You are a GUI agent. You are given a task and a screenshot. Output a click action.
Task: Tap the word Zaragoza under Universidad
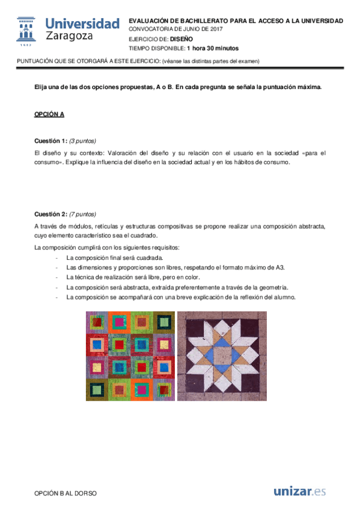(70, 37)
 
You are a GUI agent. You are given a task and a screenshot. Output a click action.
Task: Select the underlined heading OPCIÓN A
(49, 114)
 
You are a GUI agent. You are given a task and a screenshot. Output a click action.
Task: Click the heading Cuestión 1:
(51, 141)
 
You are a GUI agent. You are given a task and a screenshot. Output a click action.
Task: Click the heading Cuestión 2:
(51, 214)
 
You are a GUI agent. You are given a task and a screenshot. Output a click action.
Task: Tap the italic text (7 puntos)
(83, 214)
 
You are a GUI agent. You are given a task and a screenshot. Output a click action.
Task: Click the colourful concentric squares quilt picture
(130, 355)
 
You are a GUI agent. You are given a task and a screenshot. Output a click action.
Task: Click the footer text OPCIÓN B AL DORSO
(66, 493)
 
